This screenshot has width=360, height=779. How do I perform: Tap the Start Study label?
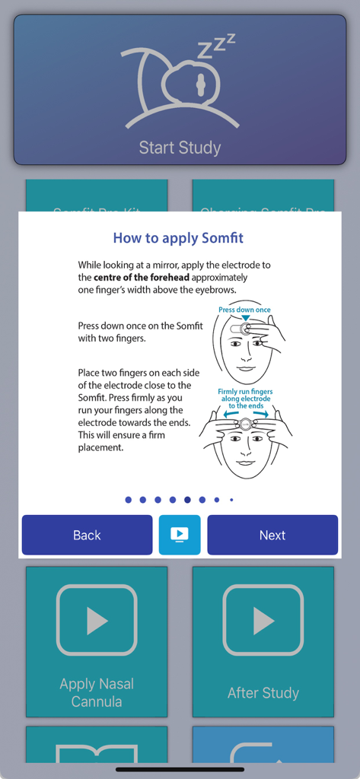click(x=180, y=147)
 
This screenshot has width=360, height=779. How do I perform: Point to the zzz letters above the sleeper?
click(x=216, y=47)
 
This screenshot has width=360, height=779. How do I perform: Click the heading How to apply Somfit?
click(x=178, y=238)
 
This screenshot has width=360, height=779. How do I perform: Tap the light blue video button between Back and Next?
click(x=180, y=535)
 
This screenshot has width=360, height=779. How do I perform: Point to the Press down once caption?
click(x=244, y=310)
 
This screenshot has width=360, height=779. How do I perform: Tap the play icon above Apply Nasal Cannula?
click(x=97, y=620)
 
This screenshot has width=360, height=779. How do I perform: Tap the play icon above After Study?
click(x=263, y=620)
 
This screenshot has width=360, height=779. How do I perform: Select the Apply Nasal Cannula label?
click(x=97, y=692)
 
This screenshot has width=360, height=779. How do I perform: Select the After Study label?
click(x=263, y=693)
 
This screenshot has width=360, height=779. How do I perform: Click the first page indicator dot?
click(x=128, y=500)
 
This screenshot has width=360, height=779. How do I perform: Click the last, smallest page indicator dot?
click(x=231, y=500)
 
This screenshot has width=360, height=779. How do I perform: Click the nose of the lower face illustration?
click(x=245, y=449)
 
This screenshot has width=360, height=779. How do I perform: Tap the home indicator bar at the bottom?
click(x=180, y=769)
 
